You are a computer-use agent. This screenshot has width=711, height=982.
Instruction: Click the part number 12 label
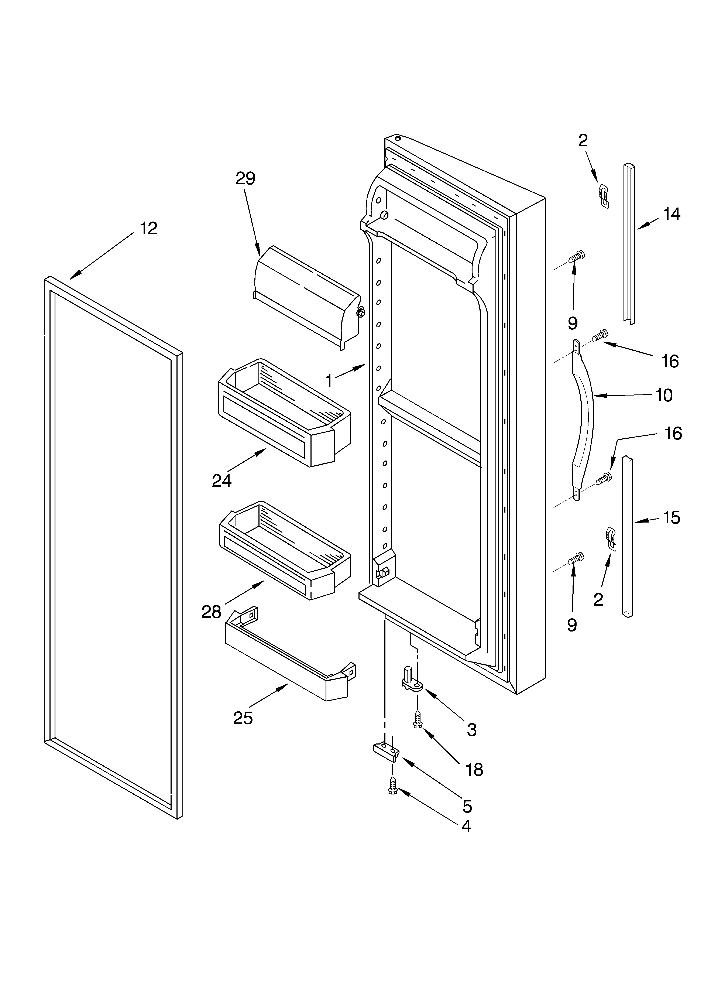(x=148, y=229)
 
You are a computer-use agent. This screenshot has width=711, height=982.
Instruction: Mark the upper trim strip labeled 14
(x=629, y=242)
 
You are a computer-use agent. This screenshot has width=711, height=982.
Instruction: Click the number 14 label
(x=671, y=214)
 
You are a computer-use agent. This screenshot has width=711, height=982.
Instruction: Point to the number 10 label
(x=664, y=395)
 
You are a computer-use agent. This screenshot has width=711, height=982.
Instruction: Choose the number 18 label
(x=474, y=770)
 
